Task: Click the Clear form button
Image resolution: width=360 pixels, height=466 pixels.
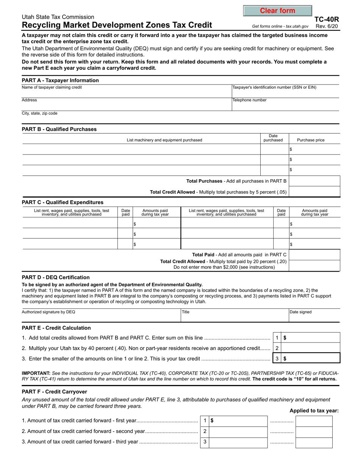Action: pos(277,11)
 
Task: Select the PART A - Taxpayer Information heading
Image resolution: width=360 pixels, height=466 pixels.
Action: pos(60,80)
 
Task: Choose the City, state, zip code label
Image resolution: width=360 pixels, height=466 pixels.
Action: pos(40,113)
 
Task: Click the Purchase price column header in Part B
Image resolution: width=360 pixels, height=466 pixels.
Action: pos(310,140)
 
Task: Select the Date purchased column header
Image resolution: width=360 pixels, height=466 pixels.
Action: pos(273,138)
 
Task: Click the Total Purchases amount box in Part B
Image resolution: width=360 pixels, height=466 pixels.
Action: pos(314,181)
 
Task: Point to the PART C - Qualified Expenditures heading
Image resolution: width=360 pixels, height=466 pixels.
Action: pos(63,202)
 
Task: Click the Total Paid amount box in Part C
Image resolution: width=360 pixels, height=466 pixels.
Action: pos(314,255)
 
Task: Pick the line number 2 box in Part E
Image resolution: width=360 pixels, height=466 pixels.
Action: pos(277,348)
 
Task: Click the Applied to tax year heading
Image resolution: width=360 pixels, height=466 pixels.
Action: pos(314,411)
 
